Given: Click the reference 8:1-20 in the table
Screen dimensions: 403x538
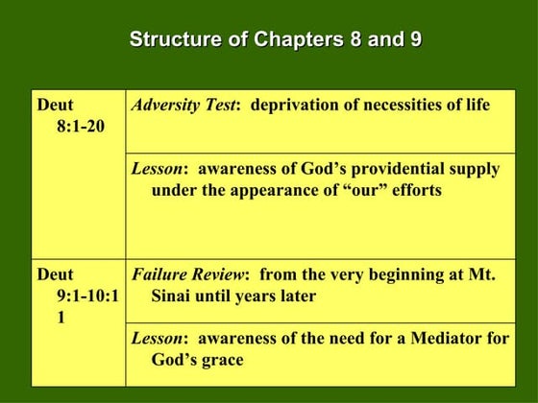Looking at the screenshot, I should [82, 126].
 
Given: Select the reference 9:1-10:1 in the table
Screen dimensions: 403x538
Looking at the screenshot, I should [87, 296].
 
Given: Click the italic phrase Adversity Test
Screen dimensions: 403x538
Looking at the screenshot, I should [183, 105].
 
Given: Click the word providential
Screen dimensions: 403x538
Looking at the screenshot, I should [379, 169].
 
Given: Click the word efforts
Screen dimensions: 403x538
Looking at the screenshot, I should [413, 190].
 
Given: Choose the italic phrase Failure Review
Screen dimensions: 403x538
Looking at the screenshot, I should [188, 275].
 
